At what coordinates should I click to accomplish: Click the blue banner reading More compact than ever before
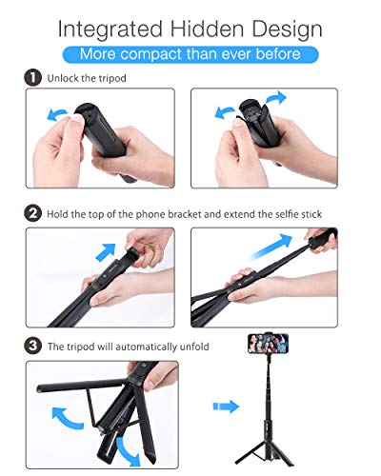[x=190, y=53]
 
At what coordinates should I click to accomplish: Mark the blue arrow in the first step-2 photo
[x=106, y=254]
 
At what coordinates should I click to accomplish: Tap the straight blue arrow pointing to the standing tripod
[x=226, y=407]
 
